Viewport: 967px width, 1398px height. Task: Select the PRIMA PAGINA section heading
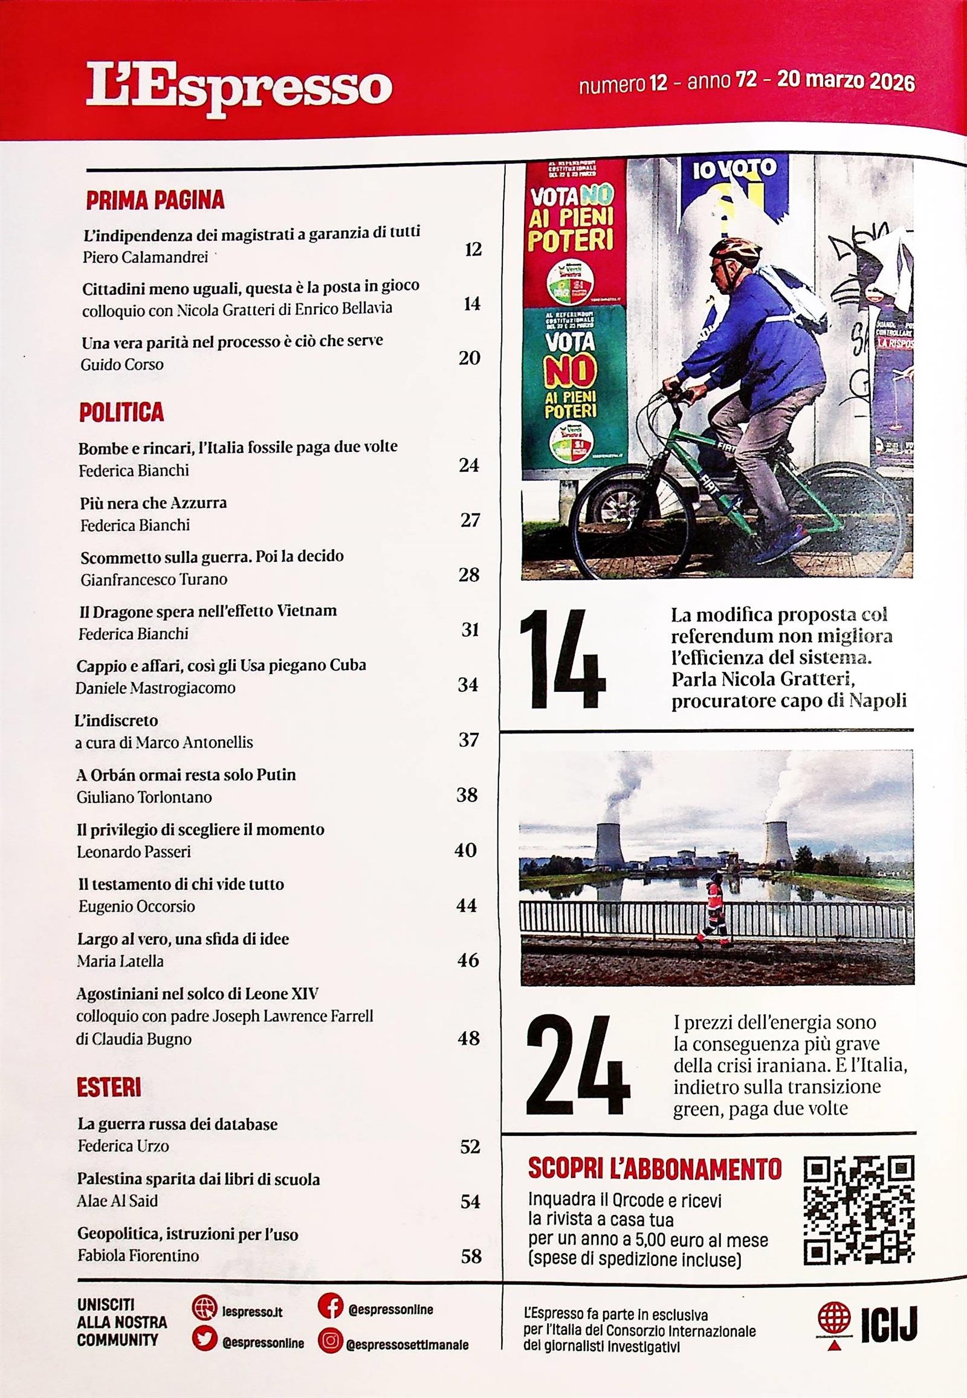155,201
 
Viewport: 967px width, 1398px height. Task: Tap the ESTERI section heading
109,1088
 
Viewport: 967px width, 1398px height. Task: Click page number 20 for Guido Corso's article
470,358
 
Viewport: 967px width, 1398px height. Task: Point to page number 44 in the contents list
467,906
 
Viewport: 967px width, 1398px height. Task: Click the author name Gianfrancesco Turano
154,579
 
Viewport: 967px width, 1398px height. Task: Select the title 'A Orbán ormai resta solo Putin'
187,775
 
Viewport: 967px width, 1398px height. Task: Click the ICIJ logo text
890,1325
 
